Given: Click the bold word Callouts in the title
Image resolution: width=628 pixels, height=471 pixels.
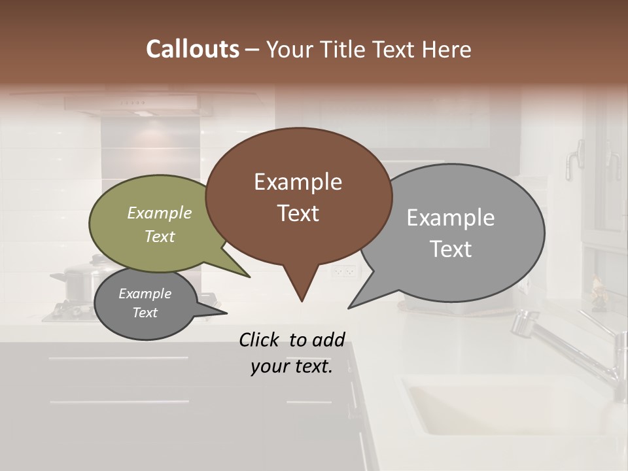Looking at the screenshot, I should click(x=192, y=49).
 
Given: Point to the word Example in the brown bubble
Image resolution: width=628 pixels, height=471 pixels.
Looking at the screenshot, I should click(x=298, y=182).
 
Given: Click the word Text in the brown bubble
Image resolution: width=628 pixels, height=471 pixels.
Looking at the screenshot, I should click(x=298, y=213).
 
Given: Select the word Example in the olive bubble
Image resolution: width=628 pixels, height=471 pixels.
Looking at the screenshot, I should click(x=159, y=213).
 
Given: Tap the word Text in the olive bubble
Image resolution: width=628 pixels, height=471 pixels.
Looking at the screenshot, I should click(x=159, y=236).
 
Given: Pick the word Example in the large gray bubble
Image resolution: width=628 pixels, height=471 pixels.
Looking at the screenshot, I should click(x=450, y=218).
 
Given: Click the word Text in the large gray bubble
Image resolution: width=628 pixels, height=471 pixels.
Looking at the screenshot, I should click(x=450, y=249).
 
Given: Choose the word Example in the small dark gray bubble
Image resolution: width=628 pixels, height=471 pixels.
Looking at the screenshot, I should click(x=145, y=294).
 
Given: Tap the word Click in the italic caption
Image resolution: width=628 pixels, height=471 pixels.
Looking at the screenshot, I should click(x=260, y=340).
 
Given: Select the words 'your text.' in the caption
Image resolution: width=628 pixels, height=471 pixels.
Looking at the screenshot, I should click(x=291, y=366).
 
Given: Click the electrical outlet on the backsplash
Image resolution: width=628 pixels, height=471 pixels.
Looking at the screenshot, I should click(x=343, y=271).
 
